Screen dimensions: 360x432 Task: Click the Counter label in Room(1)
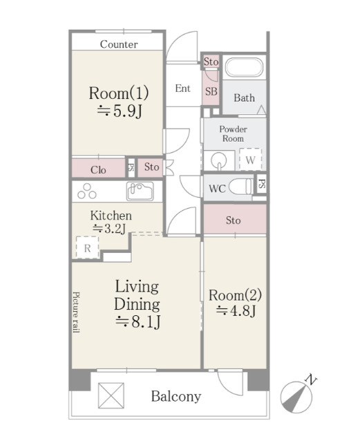point(119,44)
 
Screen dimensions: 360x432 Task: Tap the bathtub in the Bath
point(244,67)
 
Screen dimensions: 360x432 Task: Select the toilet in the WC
point(240,187)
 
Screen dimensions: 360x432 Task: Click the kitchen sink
point(140,191)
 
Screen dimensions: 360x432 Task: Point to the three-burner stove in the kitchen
point(87,191)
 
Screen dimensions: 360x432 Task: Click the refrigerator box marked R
point(88,247)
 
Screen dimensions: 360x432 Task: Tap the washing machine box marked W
point(250,160)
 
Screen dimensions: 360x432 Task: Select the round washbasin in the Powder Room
point(219,160)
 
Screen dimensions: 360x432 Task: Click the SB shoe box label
point(211,91)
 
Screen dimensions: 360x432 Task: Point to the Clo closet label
point(98,170)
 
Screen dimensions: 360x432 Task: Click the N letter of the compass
point(311,380)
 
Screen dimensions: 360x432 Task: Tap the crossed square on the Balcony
point(111,395)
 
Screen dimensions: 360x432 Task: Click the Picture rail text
point(76,312)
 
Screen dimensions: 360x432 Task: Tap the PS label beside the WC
point(262,184)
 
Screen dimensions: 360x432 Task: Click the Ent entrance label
point(182,88)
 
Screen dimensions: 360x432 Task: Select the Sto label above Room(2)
point(234,220)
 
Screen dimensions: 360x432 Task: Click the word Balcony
point(176,397)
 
